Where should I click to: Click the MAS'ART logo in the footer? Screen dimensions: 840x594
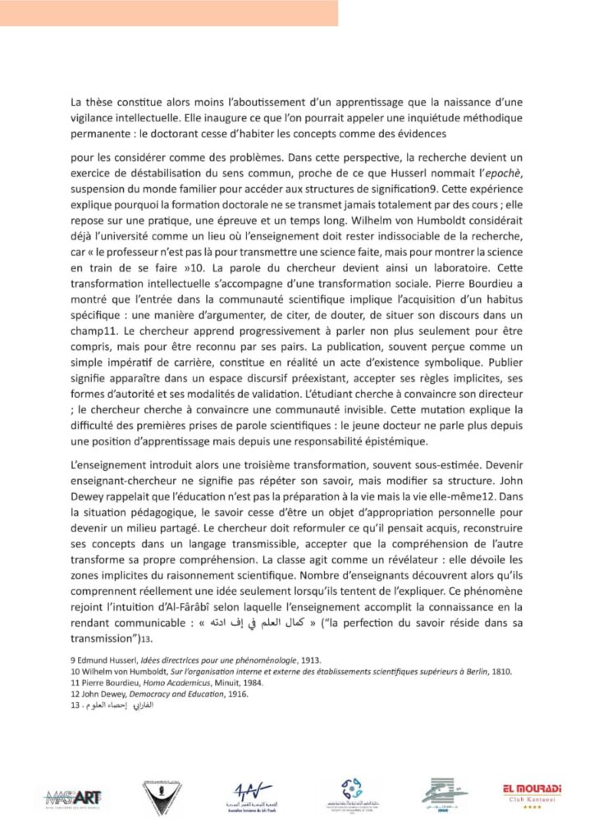pyautogui.click(x=75, y=795)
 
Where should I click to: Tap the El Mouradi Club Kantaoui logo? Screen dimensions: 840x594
pyautogui.click(x=532, y=793)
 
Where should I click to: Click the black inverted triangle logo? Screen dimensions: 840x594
pyautogui.click(x=162, y=795)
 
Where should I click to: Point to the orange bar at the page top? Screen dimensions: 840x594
pyautogui.click(x=168, y=12)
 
